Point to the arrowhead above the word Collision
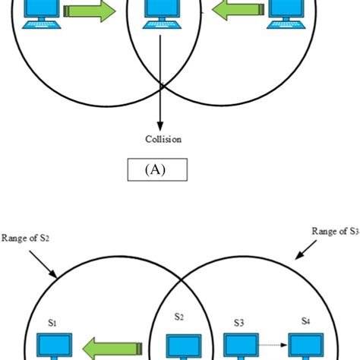[x=160, y=122]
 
